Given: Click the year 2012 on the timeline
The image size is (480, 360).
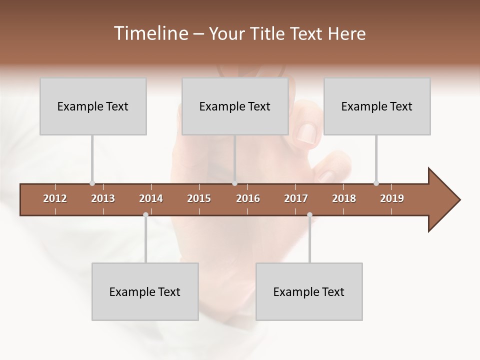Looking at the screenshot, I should pos(55,198).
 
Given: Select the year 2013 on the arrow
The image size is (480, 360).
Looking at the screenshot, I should pos(103,198).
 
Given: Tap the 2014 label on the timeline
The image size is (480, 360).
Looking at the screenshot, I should pos(151,198).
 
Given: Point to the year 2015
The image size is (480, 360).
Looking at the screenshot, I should pos(199,198).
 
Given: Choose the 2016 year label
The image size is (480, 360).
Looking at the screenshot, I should pos(248,198).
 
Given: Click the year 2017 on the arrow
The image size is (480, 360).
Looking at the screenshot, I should pos(296,198).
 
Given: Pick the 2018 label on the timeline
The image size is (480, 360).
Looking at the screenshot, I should pos(344,198).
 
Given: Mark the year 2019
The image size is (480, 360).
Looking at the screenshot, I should pos(392,198).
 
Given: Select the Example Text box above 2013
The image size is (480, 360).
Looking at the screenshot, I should pos(93,106).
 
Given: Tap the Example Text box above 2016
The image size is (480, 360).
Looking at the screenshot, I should pos(235,106).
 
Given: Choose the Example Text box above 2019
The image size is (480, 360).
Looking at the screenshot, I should pos(377,106).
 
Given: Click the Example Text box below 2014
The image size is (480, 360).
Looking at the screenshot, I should pos(145,291).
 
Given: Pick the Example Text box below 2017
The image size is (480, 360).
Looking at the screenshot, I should pos(309,291).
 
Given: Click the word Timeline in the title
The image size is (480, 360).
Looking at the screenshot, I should pos(150,33).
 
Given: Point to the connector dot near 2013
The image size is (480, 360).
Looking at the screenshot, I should pos(92,183).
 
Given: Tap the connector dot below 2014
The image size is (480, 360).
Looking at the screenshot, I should pos(145,215).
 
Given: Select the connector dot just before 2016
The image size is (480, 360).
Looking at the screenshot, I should pos(235,183).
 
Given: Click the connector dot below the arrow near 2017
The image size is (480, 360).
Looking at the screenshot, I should pos(309,215).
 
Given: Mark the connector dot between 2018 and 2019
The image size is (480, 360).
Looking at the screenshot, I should pos(376,183).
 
